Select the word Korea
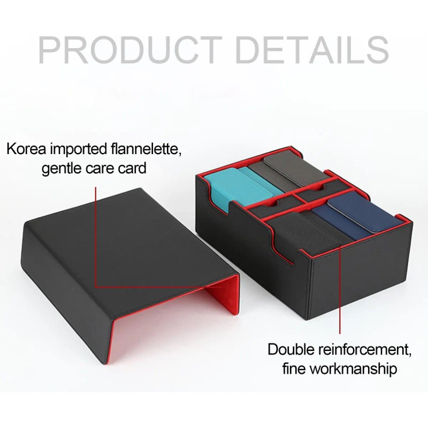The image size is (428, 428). (x=25, y=149)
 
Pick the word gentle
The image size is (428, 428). (x=60, y=169)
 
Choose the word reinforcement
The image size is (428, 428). (x=367, y=350)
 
